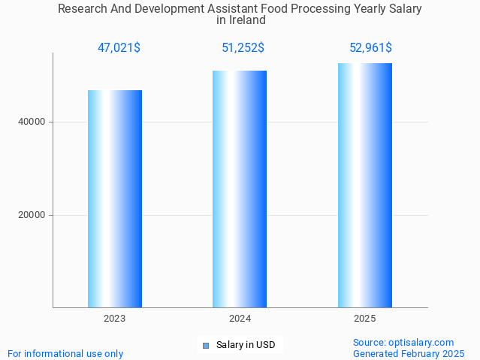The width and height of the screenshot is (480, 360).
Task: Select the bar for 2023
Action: coord(115,199)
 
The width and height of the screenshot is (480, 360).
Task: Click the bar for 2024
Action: coord(240,189)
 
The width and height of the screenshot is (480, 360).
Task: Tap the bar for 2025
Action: coord(365,186)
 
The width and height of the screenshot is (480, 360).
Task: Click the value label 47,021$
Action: coord(119,48)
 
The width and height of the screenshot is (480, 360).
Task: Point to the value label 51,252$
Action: coord(243,48)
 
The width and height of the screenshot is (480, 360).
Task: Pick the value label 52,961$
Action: coord(370,48)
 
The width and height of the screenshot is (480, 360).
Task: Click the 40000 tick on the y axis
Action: coord(32,122)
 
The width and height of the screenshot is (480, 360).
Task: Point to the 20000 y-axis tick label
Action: coord(32,215)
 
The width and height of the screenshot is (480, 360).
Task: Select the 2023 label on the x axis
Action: coord(115,319)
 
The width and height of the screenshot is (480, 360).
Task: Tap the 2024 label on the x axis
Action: coord(240,319)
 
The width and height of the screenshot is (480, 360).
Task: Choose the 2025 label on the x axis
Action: coord(365,319)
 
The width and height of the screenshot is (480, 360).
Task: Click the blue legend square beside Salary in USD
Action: coord(205,346)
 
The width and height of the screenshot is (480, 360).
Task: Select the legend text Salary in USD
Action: coord(246,345)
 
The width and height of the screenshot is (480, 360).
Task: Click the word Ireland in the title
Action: coord(246,20)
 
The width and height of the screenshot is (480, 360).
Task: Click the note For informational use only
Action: coord(65,353)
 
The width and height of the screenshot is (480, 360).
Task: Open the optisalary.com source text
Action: coord(403,342)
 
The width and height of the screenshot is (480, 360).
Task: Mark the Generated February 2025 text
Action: coord(409,353)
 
